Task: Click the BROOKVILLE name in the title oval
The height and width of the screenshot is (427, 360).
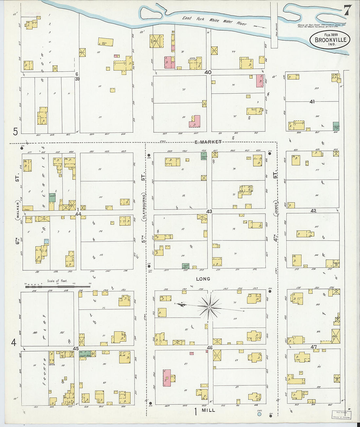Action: [330, 40]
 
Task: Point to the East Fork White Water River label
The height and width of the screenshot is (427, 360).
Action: [214, 21]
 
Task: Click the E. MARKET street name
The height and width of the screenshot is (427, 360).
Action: [208, 142]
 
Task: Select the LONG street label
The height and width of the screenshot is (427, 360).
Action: [203, 279]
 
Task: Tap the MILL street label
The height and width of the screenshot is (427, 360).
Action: [208, 410]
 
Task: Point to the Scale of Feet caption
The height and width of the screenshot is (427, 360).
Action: [57, 281]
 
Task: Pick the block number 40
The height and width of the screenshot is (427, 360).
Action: [208, 72]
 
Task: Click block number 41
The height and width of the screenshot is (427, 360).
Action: [312, 102]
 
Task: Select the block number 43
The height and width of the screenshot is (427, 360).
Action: [209, 211]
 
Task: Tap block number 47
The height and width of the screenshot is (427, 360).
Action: [314, 347]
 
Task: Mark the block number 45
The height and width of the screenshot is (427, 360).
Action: [76, 348]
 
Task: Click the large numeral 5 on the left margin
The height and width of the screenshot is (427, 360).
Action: [15, 132]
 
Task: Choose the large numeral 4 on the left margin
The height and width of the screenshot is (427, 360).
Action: [14, 343]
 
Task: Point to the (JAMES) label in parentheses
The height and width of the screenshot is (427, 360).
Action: [276, 208]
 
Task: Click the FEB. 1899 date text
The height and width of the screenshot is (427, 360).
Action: [331, 35]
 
